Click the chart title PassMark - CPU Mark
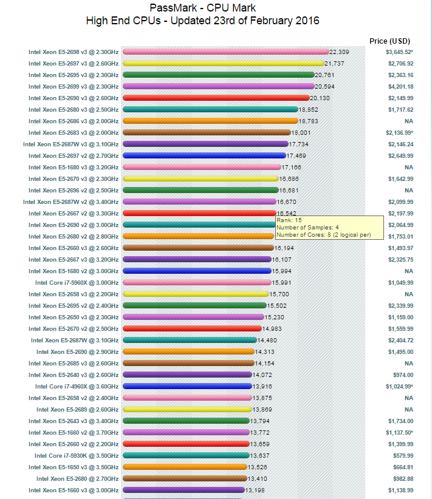tap(203, 8)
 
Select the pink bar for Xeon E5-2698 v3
tap(225, 52)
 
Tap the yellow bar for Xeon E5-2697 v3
tap(223, 63)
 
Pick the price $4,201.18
tap(400, 86)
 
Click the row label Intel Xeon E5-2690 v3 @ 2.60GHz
tap(74, 98)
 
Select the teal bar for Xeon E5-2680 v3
tap(210, 109)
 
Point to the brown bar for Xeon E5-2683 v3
tap(207, 132)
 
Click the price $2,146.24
tap(400, 144)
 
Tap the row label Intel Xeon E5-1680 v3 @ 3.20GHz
tap(74, 167)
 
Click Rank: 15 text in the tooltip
tap(289, 220)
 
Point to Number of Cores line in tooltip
tap(323, 234)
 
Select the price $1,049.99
tap(400, 282)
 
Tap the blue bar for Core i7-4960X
tap(188, 386)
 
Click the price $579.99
tap(402, 455)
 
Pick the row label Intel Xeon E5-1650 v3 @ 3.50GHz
tap(74, 467)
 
